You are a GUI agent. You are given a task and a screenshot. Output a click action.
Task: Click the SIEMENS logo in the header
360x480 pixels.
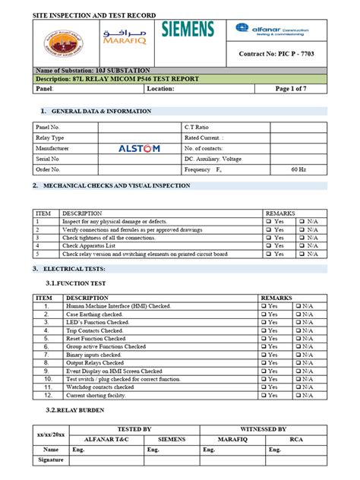[x=188, y=30]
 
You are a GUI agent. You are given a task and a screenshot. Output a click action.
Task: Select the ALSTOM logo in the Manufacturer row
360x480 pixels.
[x=139, y=149]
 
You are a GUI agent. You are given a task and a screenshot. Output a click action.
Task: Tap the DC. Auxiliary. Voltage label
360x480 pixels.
[x=215, y=159]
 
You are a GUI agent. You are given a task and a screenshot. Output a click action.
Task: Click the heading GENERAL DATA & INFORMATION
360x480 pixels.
[x=106, y=112]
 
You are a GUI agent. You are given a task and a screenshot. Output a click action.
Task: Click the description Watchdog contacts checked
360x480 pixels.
[x=100, y=387]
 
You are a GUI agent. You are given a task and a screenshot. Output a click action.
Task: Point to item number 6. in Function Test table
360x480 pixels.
[x=46, y=346]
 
